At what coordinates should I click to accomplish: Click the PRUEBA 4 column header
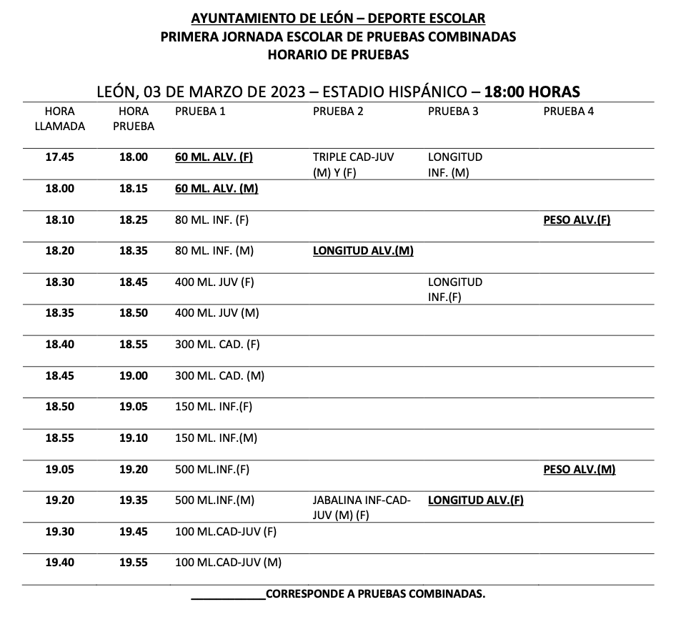pyautogui.click(x=568, y=112)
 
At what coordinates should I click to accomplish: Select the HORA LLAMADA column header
pyautogui.click(x=59, y=119)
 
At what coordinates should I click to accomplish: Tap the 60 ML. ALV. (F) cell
pyautogui.click(x=214, y=157)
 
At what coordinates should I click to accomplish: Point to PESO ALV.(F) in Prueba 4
pyautogui.click(x=577, y=220)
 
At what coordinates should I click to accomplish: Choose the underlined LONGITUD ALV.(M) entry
pyautogui.click(x=363, y=251)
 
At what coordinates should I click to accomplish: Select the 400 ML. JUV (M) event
pyautogui.click(x=217, y=313)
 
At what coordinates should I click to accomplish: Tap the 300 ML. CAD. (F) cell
pyautogui.click(x=217, y=345)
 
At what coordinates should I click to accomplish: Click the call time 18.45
pyautogui.click(x=59, y=375)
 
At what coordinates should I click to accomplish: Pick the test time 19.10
pyautogui.click(x=133, y=438)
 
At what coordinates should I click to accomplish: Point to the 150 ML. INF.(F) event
pyautogui.click(x=214, y=407)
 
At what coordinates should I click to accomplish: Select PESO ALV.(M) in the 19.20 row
pyautogui.click(x=579, y=470)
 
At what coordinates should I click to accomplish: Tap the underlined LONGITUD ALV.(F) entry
pyautogui.click(x=475, y=500)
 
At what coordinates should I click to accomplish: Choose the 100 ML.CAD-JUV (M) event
pyautogui.click(x=228, y=563)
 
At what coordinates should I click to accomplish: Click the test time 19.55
pyautogui.click(x=133, y=563)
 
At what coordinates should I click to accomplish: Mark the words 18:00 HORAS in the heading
pyautogui.click(x=532, y=92)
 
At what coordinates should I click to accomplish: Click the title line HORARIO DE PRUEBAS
pyautogui.click(x=338, y=54)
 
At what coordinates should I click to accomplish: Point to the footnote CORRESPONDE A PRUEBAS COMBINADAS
pyautogui.click(x=374, y=594)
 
